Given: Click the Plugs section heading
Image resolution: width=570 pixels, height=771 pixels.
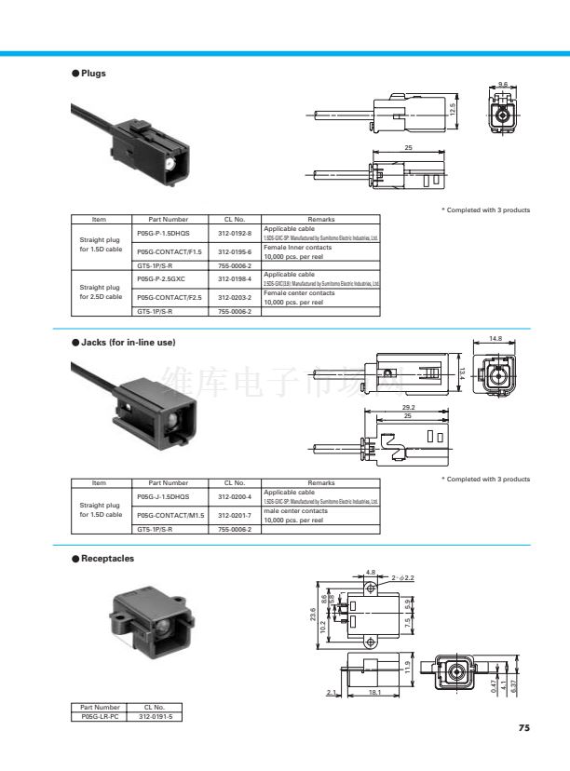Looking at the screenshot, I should [x=93, y=74].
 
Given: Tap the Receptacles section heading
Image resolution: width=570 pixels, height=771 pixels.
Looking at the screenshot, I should [x=107, y=559].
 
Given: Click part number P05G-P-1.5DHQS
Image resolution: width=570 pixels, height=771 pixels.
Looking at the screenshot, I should [x=162, y=232].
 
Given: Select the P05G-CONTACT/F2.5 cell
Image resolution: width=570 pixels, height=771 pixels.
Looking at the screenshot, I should [x=169, y=297].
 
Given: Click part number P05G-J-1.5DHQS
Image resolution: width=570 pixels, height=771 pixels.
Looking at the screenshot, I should [x=162, y=496].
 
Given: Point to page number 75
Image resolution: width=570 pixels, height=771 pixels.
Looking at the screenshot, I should [x=523, y=727].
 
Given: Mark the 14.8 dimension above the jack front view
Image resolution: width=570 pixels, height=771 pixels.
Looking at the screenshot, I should [x=495, y=338].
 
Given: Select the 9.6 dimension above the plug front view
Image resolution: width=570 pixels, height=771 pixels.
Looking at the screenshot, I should [x=503, y=85].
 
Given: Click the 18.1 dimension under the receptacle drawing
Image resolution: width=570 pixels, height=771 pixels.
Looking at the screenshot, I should [x=373, y=693].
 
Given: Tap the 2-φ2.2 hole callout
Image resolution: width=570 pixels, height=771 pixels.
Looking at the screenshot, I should [x=402, y=578].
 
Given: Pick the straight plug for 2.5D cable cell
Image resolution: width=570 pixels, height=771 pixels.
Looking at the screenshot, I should [x=101, y=291].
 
